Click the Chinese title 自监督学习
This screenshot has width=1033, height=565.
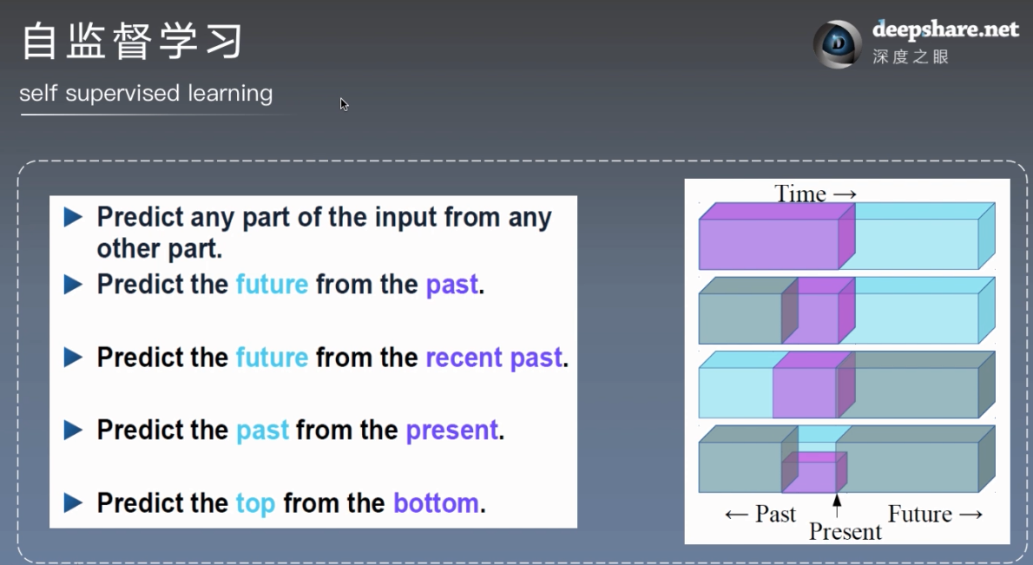pyautogui.click(x=133, y=41)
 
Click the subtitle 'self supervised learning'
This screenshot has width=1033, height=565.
pyautogui.click(x=146, y=94)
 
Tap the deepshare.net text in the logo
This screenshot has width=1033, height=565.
pyautogui.click(x=945, y=30)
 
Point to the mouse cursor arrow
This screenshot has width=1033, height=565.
pyautogui.click(x=344, y=104)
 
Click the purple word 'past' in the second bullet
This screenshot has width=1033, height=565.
pyautogui.click(x=452, y=285)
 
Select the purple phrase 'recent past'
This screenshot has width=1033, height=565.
pyautogui.click(x=494, y=358)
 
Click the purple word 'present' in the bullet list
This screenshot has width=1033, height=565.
pyautogui.click(x=452, y=430)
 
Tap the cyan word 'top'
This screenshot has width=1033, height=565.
pyautogui.click(x=255, y=503)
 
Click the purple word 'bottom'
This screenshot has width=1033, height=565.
pyautogui.click(x=436, y=503)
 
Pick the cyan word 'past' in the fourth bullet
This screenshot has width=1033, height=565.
pyautogui.click(x=262, y=430)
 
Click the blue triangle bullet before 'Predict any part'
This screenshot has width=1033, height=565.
pyautogui.click(x=73, y=217)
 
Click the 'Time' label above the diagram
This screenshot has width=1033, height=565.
pyautogui.click(x=799, y=194)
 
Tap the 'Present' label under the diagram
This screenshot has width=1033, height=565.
pyautogui.click(x=845, y=531)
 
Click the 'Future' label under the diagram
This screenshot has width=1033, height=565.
pyautogui.click(x=919, y=514)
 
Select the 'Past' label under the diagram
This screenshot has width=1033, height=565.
pyautogui.click(x=775, y=514)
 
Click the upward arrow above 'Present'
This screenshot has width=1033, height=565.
pyautogui.click(x=837, y=506)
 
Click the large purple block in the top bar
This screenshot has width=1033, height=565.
pyautogui.click(x=777, y=236)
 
